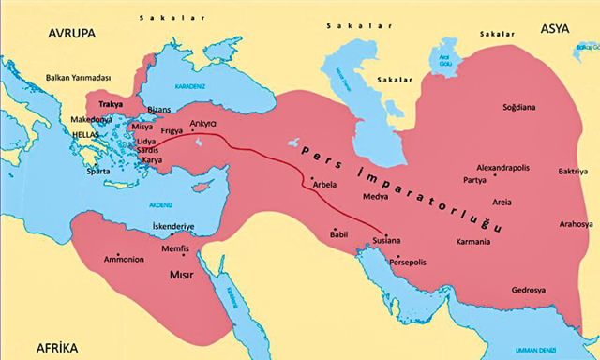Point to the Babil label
coord(339,234)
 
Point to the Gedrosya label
coord(530,289)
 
